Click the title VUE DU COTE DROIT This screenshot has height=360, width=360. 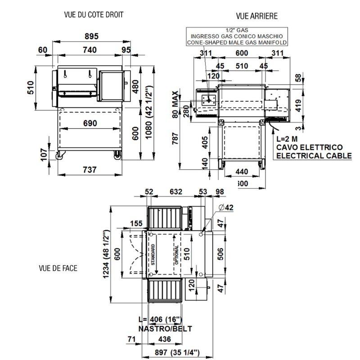click(94, 15)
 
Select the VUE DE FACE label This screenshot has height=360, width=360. click(58, 268)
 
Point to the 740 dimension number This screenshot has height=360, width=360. click(89, 50)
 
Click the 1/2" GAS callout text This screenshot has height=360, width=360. click(237, 30)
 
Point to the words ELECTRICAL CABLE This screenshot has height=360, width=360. click(314, 156)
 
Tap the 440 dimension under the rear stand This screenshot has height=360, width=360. click(242, 171)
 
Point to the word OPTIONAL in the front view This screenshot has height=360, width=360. click(177, 255)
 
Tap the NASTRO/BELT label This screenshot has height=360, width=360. click(165, 328)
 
